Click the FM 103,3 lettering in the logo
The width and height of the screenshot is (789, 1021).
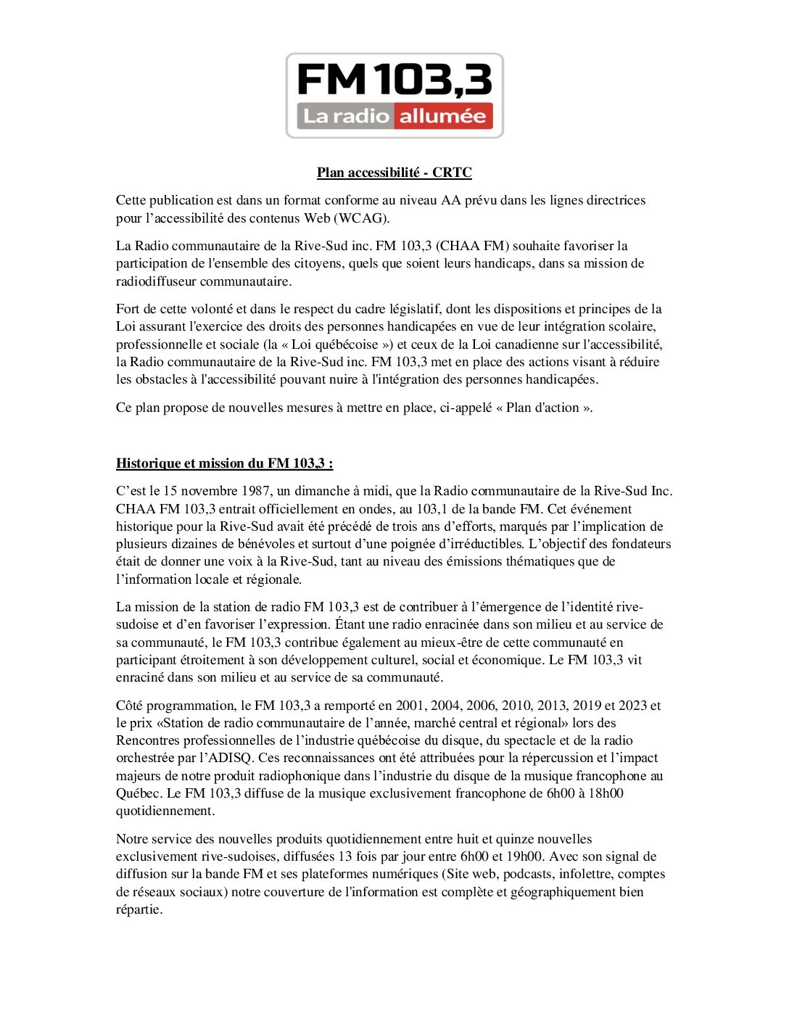(394, 80)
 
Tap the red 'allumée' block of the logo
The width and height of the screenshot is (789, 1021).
(442, 116)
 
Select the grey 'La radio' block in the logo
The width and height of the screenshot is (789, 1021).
(346, 116)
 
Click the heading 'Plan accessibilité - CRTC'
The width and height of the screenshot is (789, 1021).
(394, 173)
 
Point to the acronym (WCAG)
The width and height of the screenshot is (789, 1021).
(361, 218)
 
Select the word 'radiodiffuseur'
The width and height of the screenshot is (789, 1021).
(156, 281)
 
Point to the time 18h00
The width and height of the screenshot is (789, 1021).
(605, 793)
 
